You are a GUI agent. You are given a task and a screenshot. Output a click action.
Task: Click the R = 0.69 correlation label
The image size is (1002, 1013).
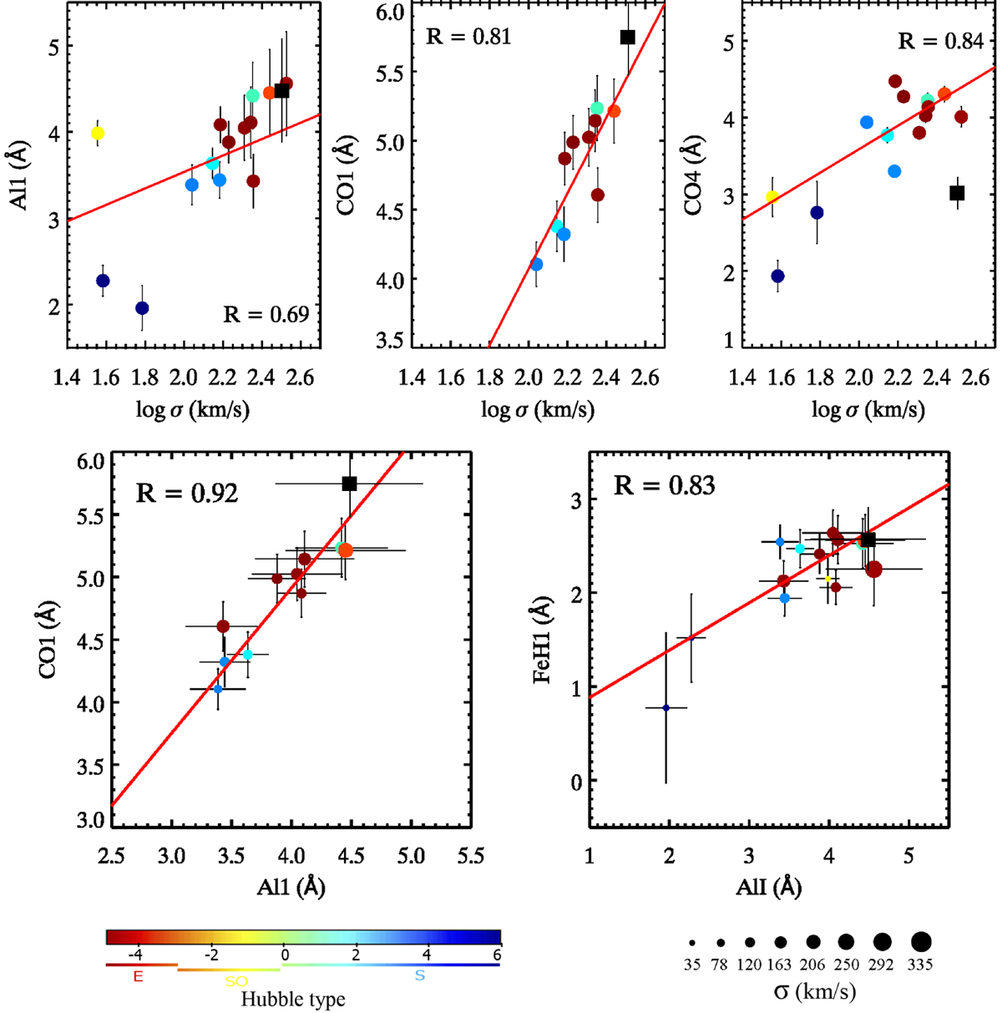[266, 314]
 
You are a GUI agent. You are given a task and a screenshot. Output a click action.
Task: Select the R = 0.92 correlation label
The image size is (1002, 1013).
[187, 493]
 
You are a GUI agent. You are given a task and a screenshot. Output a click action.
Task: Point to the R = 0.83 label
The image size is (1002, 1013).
[664, 484]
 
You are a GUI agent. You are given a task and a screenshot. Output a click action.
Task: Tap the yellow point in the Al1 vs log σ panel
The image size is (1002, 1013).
[98, 134]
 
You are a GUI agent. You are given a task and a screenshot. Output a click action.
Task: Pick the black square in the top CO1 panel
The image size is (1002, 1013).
[627, 37]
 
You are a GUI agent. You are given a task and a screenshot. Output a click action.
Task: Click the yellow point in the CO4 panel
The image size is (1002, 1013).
[772, 197]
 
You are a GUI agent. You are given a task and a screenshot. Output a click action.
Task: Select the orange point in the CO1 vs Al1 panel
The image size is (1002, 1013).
[346, 550]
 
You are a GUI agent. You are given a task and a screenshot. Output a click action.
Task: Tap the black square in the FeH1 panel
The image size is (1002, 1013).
[868, 540]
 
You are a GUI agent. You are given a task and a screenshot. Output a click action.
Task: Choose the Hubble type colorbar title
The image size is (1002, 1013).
[293, 999]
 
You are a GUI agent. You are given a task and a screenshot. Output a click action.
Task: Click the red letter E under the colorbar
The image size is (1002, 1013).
[139, 976]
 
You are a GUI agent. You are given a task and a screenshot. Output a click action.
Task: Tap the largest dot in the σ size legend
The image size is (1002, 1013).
[920, 942]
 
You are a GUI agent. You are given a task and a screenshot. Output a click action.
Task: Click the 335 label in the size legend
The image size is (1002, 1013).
[920, 965]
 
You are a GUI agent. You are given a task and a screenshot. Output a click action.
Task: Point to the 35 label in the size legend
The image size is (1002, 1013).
[692, 965]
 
